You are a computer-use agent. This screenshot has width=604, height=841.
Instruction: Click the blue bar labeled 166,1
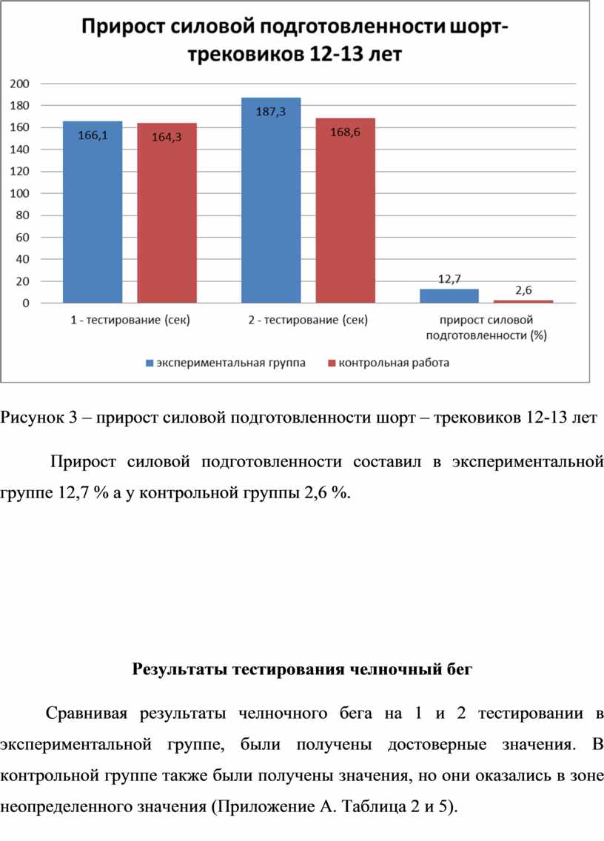[x=93, y=212]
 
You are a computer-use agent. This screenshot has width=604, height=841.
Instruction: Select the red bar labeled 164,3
[x=167, y=213]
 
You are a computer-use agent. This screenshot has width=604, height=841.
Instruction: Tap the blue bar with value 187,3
[x=271, y=200]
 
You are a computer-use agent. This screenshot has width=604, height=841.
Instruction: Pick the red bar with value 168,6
[x=346, y=210]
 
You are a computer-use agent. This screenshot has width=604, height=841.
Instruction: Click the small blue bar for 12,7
[x=449, y=296]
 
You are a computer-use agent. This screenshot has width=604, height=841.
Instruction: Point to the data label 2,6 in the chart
[x=523, y=290]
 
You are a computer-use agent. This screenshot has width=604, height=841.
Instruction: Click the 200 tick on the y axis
[x=20, y=84]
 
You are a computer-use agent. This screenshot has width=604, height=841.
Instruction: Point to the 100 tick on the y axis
[x=20, y=193]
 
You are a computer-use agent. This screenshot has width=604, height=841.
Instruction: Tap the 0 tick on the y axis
[x=26, y=303]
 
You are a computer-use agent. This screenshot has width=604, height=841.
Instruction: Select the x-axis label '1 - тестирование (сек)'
[x=130, y=321]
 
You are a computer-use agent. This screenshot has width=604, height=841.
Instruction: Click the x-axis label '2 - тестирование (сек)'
[x=308, y=321]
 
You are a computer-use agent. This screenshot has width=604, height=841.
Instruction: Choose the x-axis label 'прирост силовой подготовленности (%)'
[x=486, y=328]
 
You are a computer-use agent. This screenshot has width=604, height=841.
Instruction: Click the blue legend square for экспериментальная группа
[x=150, y=363]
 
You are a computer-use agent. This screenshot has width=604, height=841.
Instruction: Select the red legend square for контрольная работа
[x=332, y=363]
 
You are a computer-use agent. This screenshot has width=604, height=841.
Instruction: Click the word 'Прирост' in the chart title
[x=124, y=27]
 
